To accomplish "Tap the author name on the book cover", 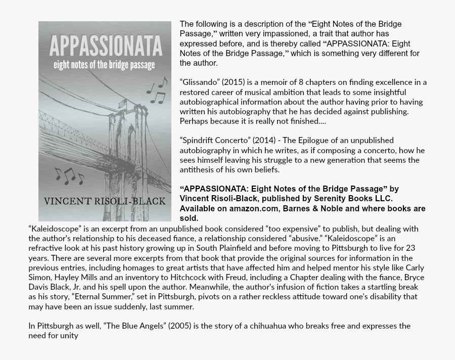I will coord(105,201).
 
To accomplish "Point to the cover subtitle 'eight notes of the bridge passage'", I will coord(105,65).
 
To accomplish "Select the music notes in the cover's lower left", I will coord(69,176).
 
